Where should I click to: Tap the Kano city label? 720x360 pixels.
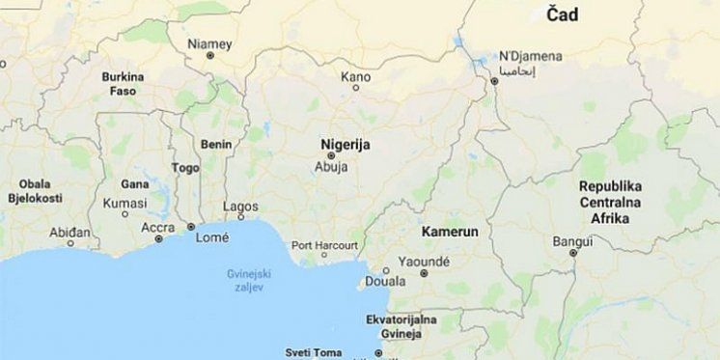355,75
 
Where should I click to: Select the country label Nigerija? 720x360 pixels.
345,142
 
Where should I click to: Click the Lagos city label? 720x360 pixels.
240,207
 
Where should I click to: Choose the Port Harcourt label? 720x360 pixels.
324,244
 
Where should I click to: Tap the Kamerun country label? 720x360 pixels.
451,233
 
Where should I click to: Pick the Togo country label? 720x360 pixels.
184,166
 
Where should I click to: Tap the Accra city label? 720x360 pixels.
158,228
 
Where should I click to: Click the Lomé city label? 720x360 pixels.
211,236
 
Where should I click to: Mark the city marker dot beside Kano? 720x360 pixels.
355,88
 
